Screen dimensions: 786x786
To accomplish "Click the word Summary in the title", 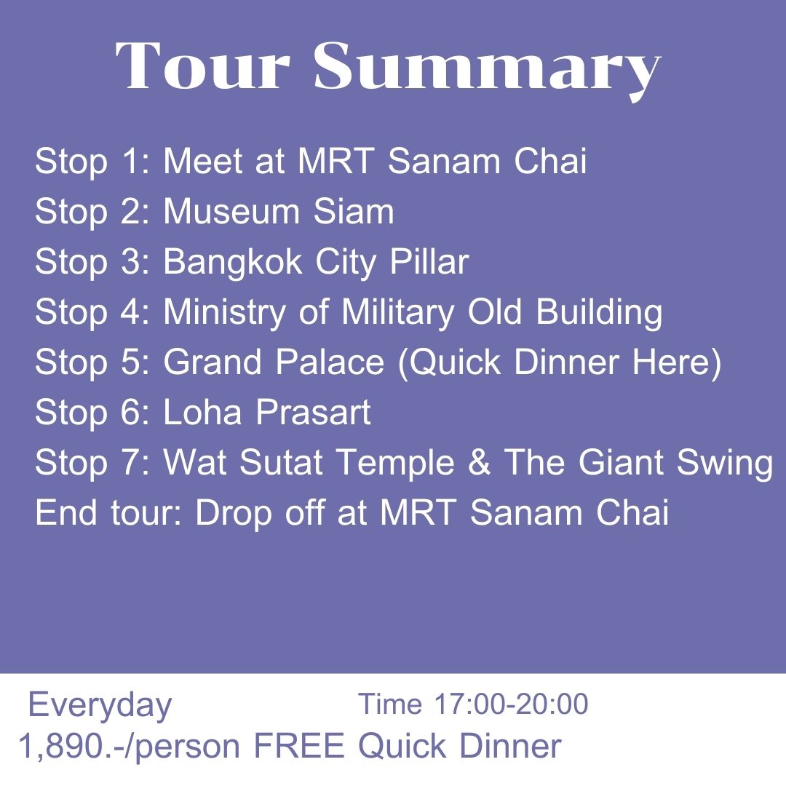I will tap(486, 66).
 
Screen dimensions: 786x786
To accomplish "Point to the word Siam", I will tap(354, 212).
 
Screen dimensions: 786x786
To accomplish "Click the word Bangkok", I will tap(232, 262).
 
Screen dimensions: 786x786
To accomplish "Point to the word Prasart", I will tap(313, 413).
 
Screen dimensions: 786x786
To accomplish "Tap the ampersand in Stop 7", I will tap(479, 463).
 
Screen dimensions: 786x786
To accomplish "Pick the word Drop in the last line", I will tap(231, 514).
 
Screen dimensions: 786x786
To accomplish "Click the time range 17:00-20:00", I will tap(511, 704).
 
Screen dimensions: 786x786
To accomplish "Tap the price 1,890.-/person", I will tap(129, 747).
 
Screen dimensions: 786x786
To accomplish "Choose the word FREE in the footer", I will tap(300, 746).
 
